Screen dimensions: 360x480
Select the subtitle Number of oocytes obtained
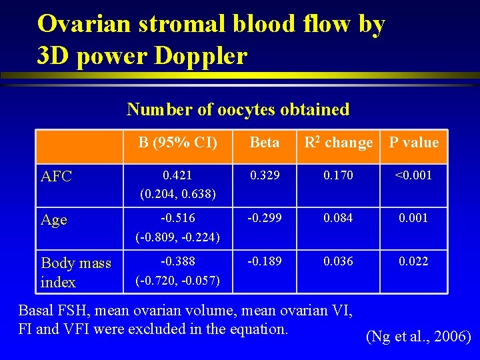click(238, 109)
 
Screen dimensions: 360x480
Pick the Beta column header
click(264, 142)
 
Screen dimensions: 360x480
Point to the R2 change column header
click(338, 142)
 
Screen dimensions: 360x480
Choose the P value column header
click(414, 142)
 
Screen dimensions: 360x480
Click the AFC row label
click(57, 176)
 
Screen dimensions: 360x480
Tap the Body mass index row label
click(75, 272)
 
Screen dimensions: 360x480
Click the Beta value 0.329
click(264, 175)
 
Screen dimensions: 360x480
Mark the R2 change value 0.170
click(339, 175)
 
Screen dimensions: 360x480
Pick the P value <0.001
click(413, 175)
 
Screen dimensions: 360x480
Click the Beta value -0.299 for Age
click(264, 218)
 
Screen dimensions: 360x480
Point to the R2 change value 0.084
click(339, 218)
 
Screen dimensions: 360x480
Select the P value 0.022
click(413, 261)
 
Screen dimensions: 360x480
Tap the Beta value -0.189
click(264, 261)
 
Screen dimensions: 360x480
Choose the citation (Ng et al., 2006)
click(419, 337)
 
